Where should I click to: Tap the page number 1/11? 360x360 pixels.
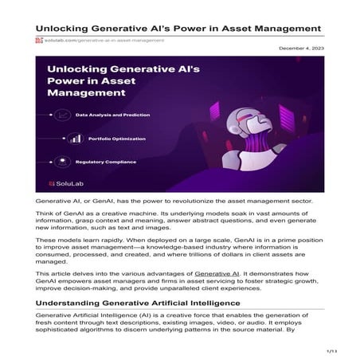(333, 350)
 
